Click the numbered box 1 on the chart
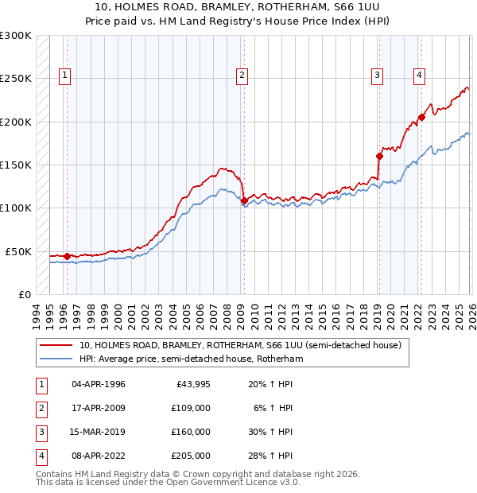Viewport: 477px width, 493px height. coord(64,76)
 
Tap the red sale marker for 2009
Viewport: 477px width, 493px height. coord(243,200)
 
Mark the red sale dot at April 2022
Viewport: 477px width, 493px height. coord(421,118)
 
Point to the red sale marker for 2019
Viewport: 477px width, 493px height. coord(379,156)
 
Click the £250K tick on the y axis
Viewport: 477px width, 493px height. coord(15,79)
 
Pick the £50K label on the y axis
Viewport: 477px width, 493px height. coord(18,251)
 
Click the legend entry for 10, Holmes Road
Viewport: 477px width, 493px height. coord(239,346)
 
